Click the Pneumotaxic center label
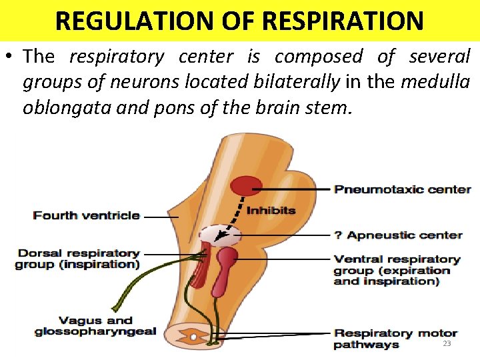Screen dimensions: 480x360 point(403,189)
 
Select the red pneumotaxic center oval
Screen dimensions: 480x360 point(247,185)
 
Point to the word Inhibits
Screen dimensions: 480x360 point(271,211)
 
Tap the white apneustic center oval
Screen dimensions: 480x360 point(220,235)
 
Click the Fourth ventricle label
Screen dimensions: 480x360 point(87,215)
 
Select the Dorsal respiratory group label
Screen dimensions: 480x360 point(78,259)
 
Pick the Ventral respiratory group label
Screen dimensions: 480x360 point(397,270)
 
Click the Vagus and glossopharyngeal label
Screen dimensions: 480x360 point(95,326)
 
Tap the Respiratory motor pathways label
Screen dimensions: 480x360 point(395,339)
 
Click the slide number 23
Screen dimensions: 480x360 point(447,343)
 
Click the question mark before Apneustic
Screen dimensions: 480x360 point(338,235)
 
